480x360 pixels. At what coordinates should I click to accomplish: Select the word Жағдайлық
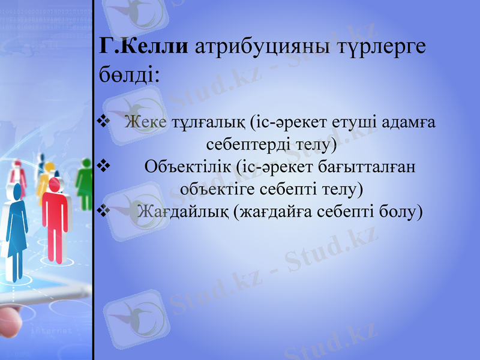coord(182,211)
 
